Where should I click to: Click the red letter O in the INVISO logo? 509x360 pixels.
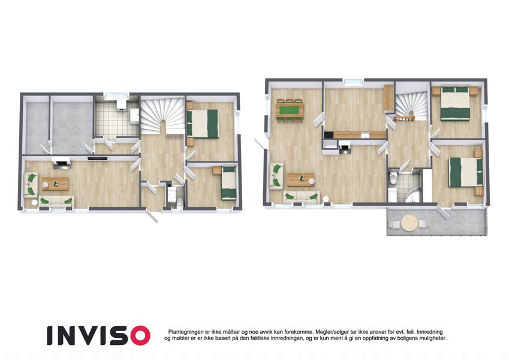click(138, 335)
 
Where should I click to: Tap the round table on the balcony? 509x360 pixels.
click(409, 223)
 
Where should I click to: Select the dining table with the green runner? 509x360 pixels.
click(290, 110)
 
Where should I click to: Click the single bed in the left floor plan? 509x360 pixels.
click(229, 182)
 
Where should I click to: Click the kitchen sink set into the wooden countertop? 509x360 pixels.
click(365, 134)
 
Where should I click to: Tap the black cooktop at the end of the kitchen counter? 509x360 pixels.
click(328, 134)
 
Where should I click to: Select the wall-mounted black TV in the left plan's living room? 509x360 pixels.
click(98, 158)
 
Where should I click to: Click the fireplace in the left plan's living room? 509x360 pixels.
click(62, 163)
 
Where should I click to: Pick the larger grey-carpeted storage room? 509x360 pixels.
click(73, 127)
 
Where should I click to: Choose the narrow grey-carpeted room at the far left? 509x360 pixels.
click(37, 128)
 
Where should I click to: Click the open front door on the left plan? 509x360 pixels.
click(152, 216)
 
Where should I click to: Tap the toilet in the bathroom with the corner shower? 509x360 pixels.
click(393, 178)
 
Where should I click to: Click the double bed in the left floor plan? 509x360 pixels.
click(202, 124)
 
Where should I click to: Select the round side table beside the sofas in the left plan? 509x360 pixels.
click(34, 202)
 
